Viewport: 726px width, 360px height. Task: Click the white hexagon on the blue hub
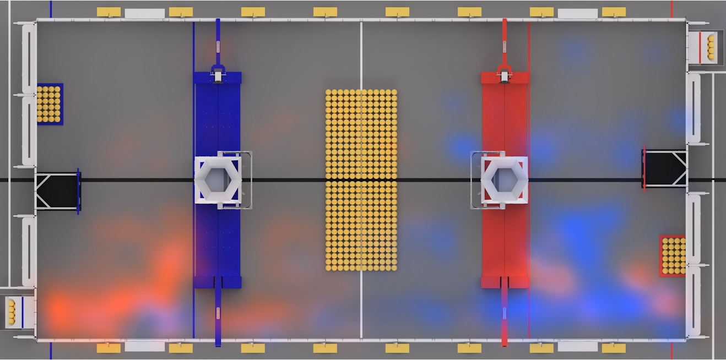[x=218, y=180]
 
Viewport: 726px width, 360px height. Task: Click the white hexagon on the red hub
[x=504, y=180]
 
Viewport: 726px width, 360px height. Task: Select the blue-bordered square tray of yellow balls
[x=50, y=103]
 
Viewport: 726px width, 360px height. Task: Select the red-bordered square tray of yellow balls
[x=673, y=255]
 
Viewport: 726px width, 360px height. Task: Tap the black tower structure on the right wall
[x=665, y=168]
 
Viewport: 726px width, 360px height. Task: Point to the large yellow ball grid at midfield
[x=361, y=180]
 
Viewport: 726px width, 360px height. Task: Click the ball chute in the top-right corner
[x=706, y=47]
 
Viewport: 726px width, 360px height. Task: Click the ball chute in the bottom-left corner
[x=16, y=311]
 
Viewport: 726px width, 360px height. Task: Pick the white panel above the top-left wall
[x=144, y=13]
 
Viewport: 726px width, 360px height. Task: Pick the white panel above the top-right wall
[x=577, y=13]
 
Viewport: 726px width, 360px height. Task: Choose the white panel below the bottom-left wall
[x=144, y=346]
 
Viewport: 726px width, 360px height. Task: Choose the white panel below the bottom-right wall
[x=577, y=346]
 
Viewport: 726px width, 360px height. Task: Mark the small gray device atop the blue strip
[x=218, y=75]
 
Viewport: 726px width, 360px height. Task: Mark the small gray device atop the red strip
[x=504, y=75]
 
